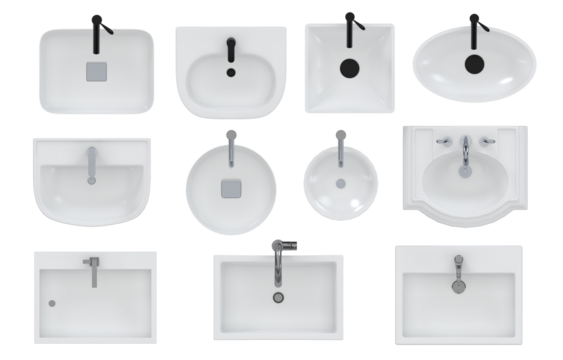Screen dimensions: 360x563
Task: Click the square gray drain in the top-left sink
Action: [97, 70]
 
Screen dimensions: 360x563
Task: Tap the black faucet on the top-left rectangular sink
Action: [96, 32]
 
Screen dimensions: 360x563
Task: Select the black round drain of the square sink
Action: [349, 68]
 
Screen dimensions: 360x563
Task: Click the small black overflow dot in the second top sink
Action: [231, 71]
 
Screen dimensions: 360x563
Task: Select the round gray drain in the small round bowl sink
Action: [340, 184]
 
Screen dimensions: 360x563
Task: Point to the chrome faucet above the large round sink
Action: [231, 147]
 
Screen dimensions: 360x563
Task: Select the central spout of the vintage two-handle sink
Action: [466, 153]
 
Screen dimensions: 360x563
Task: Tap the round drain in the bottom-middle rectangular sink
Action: [277, 296]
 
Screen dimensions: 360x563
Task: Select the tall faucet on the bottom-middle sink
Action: [279, 259]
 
